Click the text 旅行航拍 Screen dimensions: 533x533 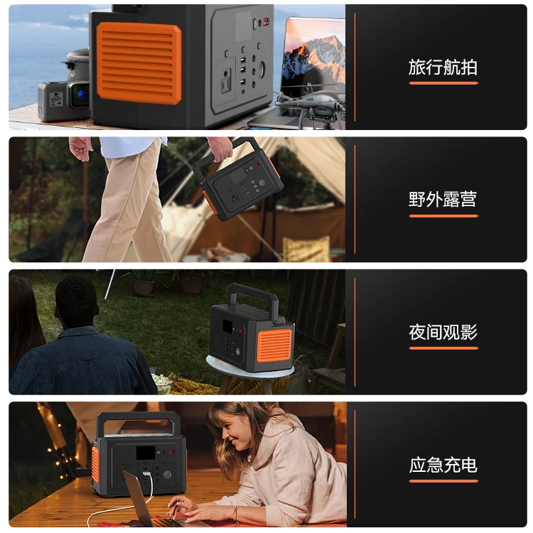click(443, 68)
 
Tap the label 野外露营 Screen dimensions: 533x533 click(443, 200)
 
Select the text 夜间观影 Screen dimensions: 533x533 click(443, 332)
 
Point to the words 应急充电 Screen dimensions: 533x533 click(443, 465)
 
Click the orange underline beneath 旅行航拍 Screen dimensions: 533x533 click(443, 83)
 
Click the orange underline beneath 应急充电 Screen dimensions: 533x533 click(443, 481)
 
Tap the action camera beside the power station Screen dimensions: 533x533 click(64, 99)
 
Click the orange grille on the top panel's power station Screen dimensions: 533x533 click(139, 63)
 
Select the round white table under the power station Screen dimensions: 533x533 click(249, 369)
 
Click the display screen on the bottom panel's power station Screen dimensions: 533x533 click(146, 453)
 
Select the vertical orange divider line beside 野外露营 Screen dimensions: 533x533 click(355, 200)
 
